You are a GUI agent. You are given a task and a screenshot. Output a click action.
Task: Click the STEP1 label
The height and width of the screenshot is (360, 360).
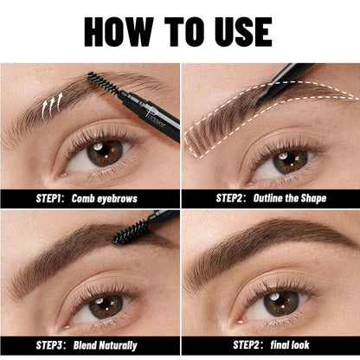click(x=49, y=198)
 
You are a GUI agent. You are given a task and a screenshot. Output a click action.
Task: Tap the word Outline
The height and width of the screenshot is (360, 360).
click(x=267, y=198)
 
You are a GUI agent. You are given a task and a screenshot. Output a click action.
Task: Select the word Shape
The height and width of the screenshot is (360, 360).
click(x=313, y=198)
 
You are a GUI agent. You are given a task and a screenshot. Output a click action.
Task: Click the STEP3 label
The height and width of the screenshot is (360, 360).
click(x=49, y=345)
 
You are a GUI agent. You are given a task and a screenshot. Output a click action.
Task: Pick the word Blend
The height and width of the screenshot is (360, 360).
click(x=85, y=345)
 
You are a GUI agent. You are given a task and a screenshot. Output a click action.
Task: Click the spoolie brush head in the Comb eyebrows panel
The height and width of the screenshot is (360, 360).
click(x=103, y=84)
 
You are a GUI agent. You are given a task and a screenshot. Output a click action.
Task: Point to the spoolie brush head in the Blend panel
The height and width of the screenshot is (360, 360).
click(x=131, y=231)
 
